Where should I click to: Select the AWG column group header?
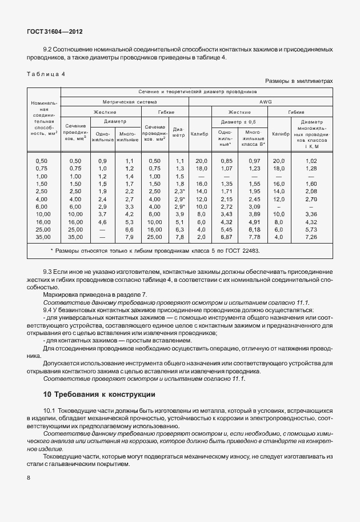coord(266,101)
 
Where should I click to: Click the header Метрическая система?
coord(125,101)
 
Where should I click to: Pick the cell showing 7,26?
coord(311,237)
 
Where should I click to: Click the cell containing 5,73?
coord(311,229)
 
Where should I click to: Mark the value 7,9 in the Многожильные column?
coord(129,237)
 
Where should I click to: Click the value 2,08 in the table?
coord(311,191)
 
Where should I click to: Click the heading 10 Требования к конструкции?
coord(99,395)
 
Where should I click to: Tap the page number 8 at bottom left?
coord(29,477)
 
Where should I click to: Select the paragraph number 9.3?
coord(50,272)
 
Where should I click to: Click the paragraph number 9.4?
coord(50,309)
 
